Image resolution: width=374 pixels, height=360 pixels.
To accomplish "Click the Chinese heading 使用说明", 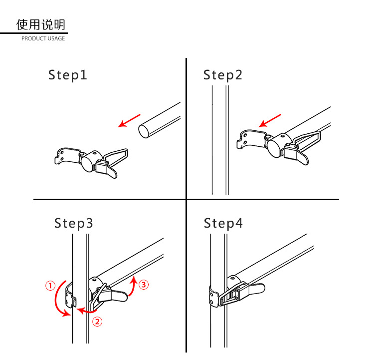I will (x=40, y=24).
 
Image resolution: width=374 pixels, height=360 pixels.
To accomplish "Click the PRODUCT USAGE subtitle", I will (x=43, y=38).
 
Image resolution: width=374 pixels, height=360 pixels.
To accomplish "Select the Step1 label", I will (x=68, y=75).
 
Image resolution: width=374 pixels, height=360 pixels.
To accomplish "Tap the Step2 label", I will (x=223, y=75).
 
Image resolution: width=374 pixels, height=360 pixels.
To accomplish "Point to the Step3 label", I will (x=74, y=223).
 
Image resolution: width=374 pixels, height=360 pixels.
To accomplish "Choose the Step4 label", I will (x=223, y=223).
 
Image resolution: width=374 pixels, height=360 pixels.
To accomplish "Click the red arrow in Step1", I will (x=129, y=120).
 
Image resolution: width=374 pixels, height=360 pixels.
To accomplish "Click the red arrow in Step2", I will (x=270, y=120).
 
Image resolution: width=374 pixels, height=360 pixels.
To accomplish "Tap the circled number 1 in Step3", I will (x=50, y=286).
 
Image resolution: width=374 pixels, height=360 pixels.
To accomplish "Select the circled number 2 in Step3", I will (x=98, y=322).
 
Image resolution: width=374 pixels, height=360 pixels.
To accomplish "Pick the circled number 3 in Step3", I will (x=144, y=285).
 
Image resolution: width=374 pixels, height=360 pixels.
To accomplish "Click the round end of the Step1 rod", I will (x=144, y=131).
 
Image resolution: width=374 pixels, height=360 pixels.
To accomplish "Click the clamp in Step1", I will (x=90, y=161).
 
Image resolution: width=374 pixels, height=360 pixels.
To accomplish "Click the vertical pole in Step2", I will (x=220, y=140).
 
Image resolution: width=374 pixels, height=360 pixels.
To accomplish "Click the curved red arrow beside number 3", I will (x=132, y=287).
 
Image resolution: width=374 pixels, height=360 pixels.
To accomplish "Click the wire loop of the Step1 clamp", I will (x=118, y=155).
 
